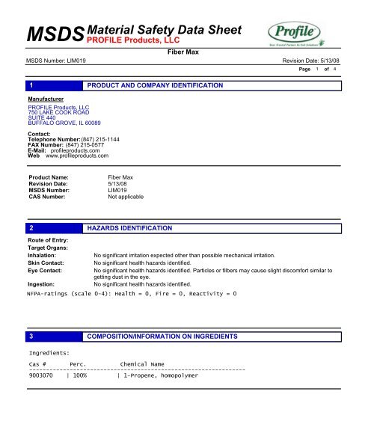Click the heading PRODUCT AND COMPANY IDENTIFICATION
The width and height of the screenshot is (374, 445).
[155, 88]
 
